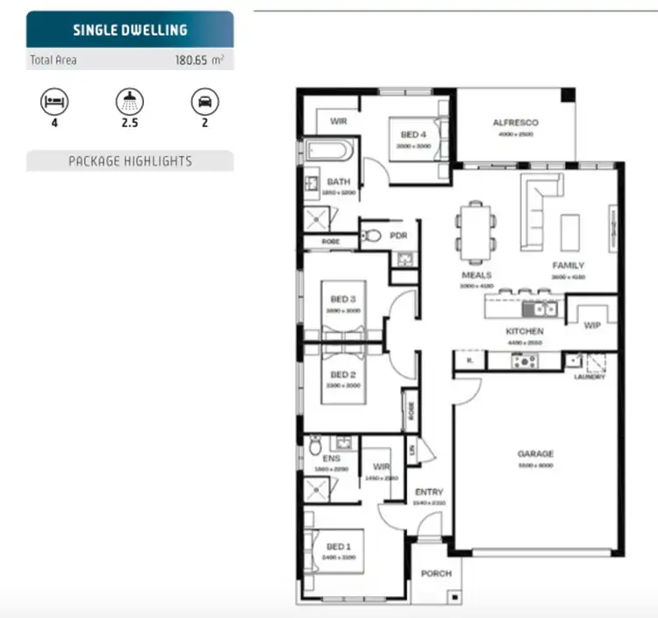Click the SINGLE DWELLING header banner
coord(130,29)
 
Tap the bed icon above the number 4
coord(53,102)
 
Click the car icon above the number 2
coord(204,102)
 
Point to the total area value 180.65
coord(194,61)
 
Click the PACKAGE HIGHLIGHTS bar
coord(130,161)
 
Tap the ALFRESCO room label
coord(515,123)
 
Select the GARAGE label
coord(534,453)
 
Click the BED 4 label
coord(414,134)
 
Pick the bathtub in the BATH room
coord(329,151)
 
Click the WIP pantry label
coord(591,324)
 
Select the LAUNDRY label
coord(589,376)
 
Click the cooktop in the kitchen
coord(527,360)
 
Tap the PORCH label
coord(436,573)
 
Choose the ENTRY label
coord(429,492)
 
